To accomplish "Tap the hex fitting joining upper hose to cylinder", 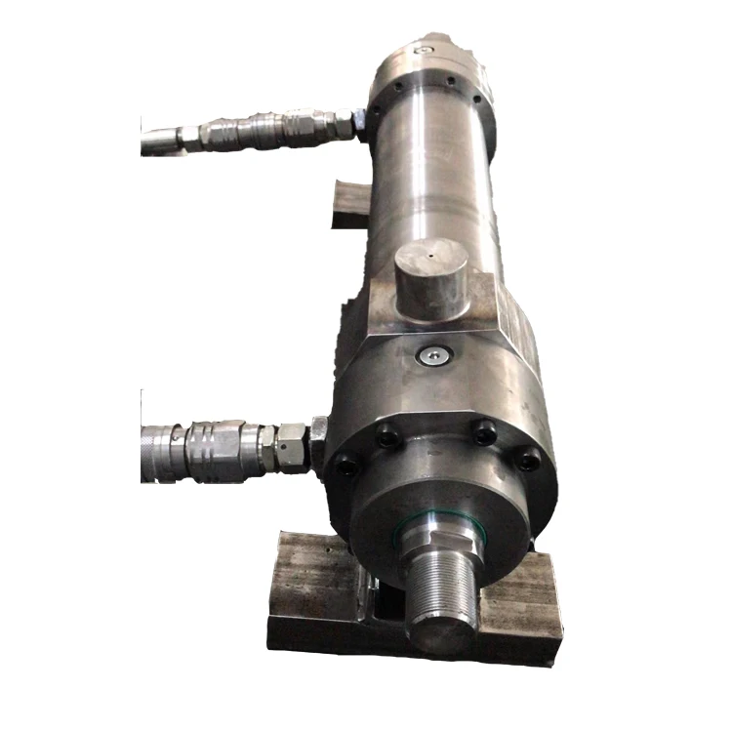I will pyautogui.click(x=343, y=124).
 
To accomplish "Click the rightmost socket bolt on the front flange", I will pyautogui.click(x=527, y=458).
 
